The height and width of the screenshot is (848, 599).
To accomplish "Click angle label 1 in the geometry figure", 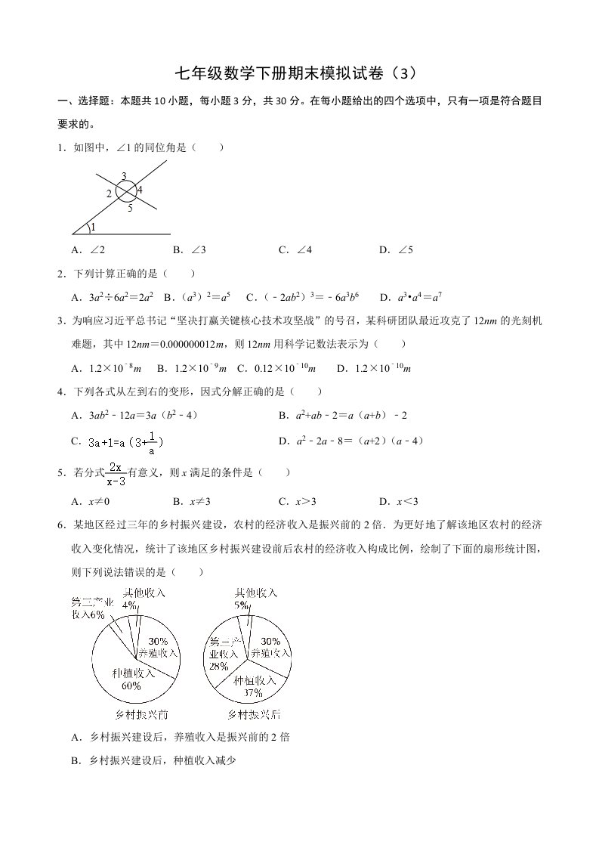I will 94,227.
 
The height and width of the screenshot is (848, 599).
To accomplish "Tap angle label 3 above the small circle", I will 124,176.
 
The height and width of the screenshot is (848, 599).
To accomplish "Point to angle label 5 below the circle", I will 130,209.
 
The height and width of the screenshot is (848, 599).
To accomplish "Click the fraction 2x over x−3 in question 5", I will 116,473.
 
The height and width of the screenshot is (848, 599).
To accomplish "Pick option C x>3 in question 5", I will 297,501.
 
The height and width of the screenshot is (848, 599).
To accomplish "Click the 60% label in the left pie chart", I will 131,686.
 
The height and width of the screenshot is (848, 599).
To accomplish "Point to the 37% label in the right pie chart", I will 253,692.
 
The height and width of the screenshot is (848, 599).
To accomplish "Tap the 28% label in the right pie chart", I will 219,667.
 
